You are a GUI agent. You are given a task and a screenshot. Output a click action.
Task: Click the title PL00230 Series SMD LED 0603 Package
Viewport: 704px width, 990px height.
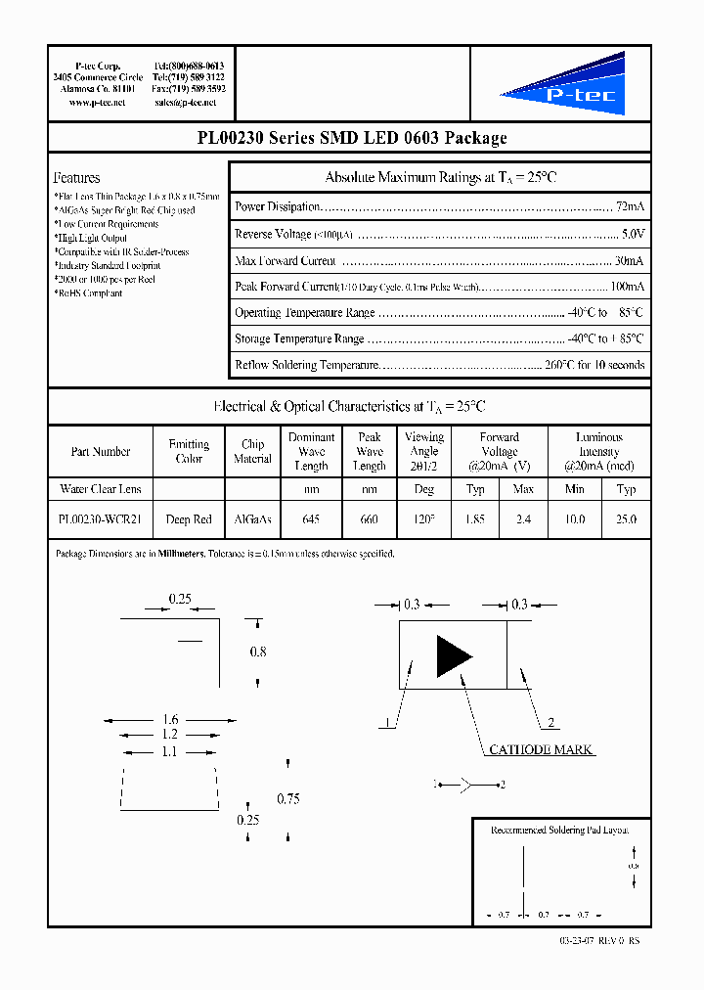pos(351,138)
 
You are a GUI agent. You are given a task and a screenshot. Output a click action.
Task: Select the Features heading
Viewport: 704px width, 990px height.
pos(76,178)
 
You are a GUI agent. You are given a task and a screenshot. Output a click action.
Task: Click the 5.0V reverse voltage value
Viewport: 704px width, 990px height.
pos(633,235)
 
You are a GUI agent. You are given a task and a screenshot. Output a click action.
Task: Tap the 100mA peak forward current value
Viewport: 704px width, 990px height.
pos(627,287)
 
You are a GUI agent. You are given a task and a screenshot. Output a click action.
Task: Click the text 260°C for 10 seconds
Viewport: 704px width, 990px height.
pos(594,365)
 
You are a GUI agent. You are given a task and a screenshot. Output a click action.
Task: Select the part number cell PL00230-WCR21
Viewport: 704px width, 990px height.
pos(100,519)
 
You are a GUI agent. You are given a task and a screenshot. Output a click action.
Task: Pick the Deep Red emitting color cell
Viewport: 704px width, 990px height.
pos(189,519)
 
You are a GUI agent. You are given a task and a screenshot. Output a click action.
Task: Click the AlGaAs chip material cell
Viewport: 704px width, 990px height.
pos(252,519)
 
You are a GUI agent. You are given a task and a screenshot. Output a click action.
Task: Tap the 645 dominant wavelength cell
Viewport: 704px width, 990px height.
pos(311,519)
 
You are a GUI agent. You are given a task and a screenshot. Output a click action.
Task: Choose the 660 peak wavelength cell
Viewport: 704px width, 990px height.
pos(369,519)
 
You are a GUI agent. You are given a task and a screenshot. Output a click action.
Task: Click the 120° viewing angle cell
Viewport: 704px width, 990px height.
pos(423,519)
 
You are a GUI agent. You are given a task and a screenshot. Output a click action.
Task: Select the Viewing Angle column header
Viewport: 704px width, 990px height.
pos(423,451)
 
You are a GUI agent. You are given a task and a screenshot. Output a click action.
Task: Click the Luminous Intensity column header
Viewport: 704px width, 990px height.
pos(598,451)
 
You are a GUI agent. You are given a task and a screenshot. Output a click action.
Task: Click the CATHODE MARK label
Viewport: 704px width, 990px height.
pos(541,749)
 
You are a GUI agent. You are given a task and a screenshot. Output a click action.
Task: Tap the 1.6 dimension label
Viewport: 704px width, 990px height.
pos(171,719)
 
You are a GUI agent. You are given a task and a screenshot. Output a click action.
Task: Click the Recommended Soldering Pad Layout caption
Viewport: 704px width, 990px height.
pos(559,830)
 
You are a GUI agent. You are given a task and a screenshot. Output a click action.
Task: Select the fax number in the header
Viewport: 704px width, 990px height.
pos(189,88)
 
